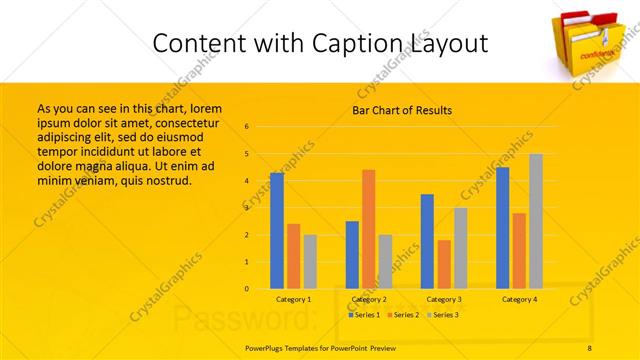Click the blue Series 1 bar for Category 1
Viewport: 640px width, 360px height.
pyautogui.click(x=277, y=230)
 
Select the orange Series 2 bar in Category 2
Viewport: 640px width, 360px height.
pyautogui.click(x=369, y=229)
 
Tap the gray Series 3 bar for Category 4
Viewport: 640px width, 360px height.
pyautogui.click(x=536, y=221)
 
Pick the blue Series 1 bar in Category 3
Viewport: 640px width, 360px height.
pyautogui.click(x=427, y=241)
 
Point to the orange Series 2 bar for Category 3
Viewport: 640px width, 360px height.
pyautogui.click(x=444, y=264)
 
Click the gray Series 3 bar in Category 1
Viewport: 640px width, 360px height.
pyautogui.click(x=310, y=261)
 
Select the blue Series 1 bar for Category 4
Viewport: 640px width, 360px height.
pyautogui.click(x=502, y=227)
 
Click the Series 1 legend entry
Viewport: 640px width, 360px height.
pyautogui.click(x=364, y=315)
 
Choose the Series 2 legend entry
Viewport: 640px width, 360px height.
pyautogui.click(x=402, y=315)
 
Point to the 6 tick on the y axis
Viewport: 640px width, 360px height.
pyautogui.click(x=246, y=127)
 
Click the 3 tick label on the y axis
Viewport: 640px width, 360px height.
pyautogui.click(x=246, y=208)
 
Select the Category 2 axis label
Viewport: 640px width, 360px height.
pyautogui.click(x=369, y=299)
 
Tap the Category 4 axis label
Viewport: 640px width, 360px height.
pyautogui.click(x=519, y=299)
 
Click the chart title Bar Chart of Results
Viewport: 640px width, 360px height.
pyautogui.click(x=402, y=110)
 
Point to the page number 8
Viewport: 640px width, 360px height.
pyautogui.click(x=590, y=348)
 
